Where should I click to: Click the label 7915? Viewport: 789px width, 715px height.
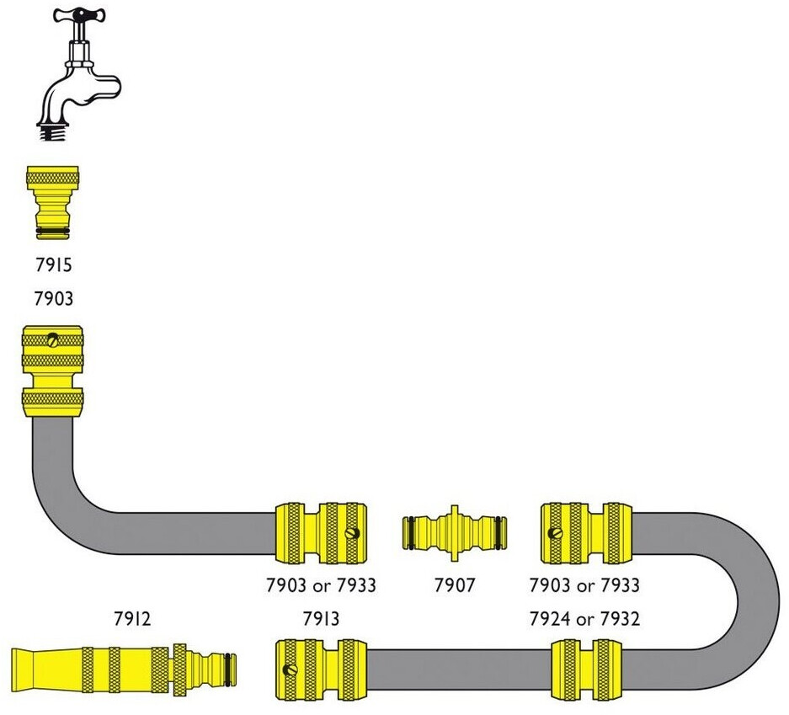tap(53, 265)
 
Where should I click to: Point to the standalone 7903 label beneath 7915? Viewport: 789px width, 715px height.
tap(53, 298)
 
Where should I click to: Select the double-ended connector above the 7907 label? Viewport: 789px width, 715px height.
tap(454, 531)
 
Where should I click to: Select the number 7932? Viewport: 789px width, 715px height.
tap(619, 619)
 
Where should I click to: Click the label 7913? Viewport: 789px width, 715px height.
tap(321, 619)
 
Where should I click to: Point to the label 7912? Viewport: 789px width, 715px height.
tap(132, 619)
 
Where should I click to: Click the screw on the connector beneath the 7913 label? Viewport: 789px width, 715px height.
tap(292, 670)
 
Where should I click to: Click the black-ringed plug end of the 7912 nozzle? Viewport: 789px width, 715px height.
tap(226, 670)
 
